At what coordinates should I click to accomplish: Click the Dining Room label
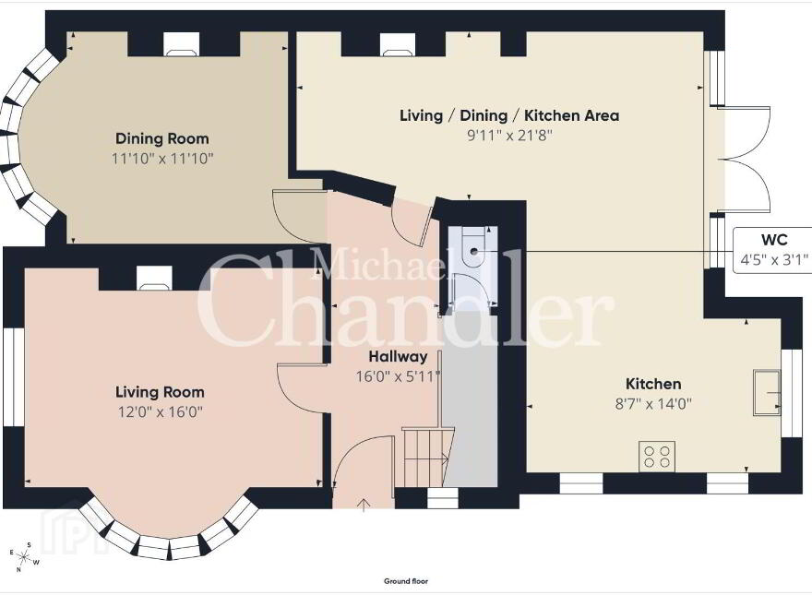click(162, 138)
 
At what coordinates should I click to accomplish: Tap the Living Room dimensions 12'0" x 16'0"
click(160, 412)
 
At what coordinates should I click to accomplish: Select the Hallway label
click(398, 357)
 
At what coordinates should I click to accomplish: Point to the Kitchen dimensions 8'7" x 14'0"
click(653, 403)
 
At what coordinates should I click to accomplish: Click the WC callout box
click(772, 250)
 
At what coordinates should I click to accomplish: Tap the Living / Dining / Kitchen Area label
click(509, 115)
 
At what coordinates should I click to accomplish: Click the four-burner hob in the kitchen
click(657, 457)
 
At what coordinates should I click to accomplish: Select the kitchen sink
click(768, 392)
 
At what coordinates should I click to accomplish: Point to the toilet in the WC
click(473, 247)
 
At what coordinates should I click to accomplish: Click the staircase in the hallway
click(424, 457)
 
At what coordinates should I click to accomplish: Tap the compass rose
click(24, 557)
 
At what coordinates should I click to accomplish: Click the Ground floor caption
click(406, 581)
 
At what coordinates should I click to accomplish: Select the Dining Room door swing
click(299, 215)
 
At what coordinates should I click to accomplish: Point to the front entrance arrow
click(364, 505)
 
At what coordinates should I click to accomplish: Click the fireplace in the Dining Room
click(182, 43)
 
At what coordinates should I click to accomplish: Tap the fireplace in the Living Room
click(154, 278)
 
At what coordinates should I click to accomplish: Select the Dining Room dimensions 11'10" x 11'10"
click(162, 159)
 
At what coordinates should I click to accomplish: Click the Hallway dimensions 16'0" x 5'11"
click(398, 376)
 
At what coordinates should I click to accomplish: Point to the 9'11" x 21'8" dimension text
click(510, 136)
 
